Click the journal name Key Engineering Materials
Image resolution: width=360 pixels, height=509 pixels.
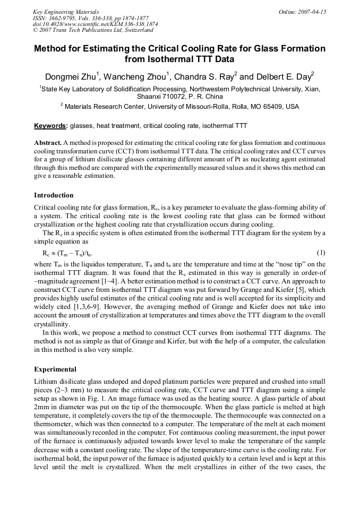[x=66, y=12]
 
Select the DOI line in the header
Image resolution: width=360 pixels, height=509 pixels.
[x=95, y=24]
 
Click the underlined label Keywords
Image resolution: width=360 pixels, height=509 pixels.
[x=50, y=126]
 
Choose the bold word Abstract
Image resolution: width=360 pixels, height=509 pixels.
[x=47, y=143]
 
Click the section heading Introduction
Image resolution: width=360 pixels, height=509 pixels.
[x=54, y=195]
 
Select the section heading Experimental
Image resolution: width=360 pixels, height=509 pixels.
[x=55, y=369]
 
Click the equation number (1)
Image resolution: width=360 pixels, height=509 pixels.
[x=321, y=252]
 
